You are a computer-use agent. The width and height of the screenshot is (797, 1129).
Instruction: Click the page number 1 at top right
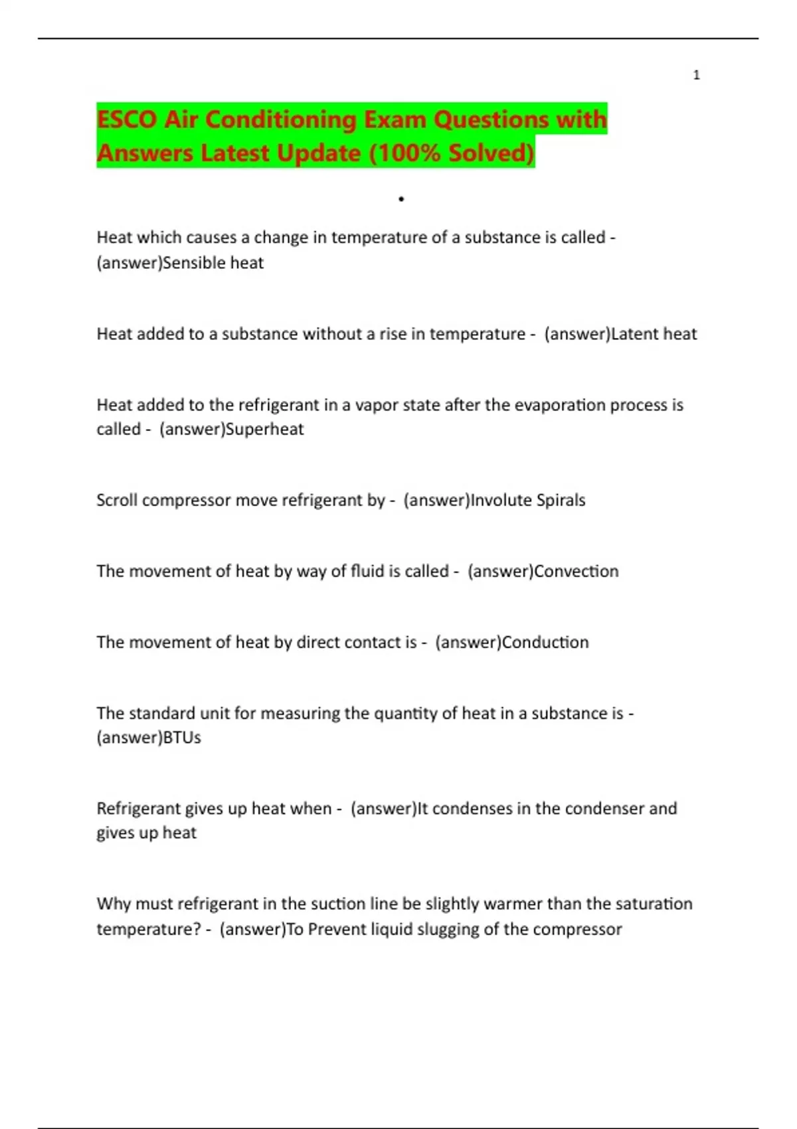tap(696, 75)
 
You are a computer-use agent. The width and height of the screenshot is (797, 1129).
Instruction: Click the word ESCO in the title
tap(126, 120)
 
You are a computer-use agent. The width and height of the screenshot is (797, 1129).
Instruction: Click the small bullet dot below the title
tap(401, 199)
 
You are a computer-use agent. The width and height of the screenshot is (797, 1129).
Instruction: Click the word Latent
tap(635, 334)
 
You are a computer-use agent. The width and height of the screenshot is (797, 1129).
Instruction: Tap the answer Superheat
tap(265, 429)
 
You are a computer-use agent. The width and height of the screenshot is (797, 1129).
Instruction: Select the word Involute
tap(501, 500)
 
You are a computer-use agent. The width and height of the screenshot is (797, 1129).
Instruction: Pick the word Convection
tap(576, 571)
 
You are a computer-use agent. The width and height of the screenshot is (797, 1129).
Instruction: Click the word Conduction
tap(545, 642)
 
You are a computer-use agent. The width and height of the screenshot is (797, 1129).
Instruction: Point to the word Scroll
tap(117, 500)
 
